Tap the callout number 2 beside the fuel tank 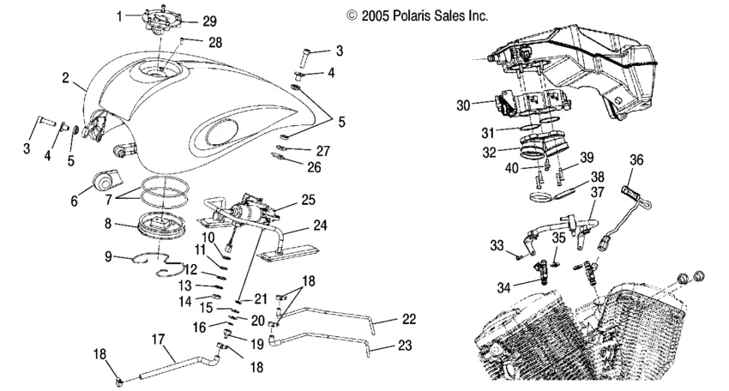[65, 78]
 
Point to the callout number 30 [463, 105]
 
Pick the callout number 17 [159, 339]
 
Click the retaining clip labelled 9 [158, 262]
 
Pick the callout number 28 [214, 41]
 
